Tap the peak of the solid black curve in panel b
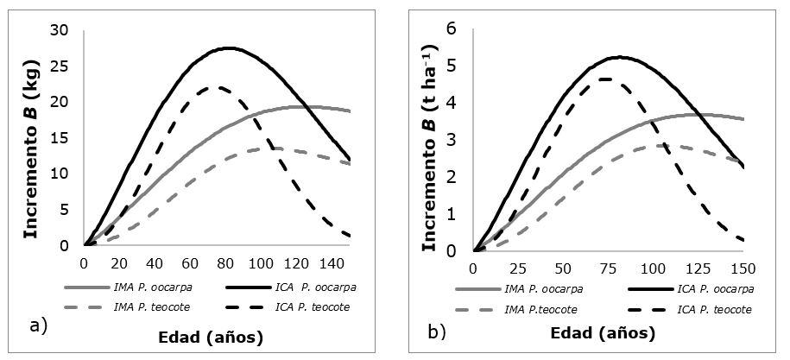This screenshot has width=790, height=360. click(x=618, y=57)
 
